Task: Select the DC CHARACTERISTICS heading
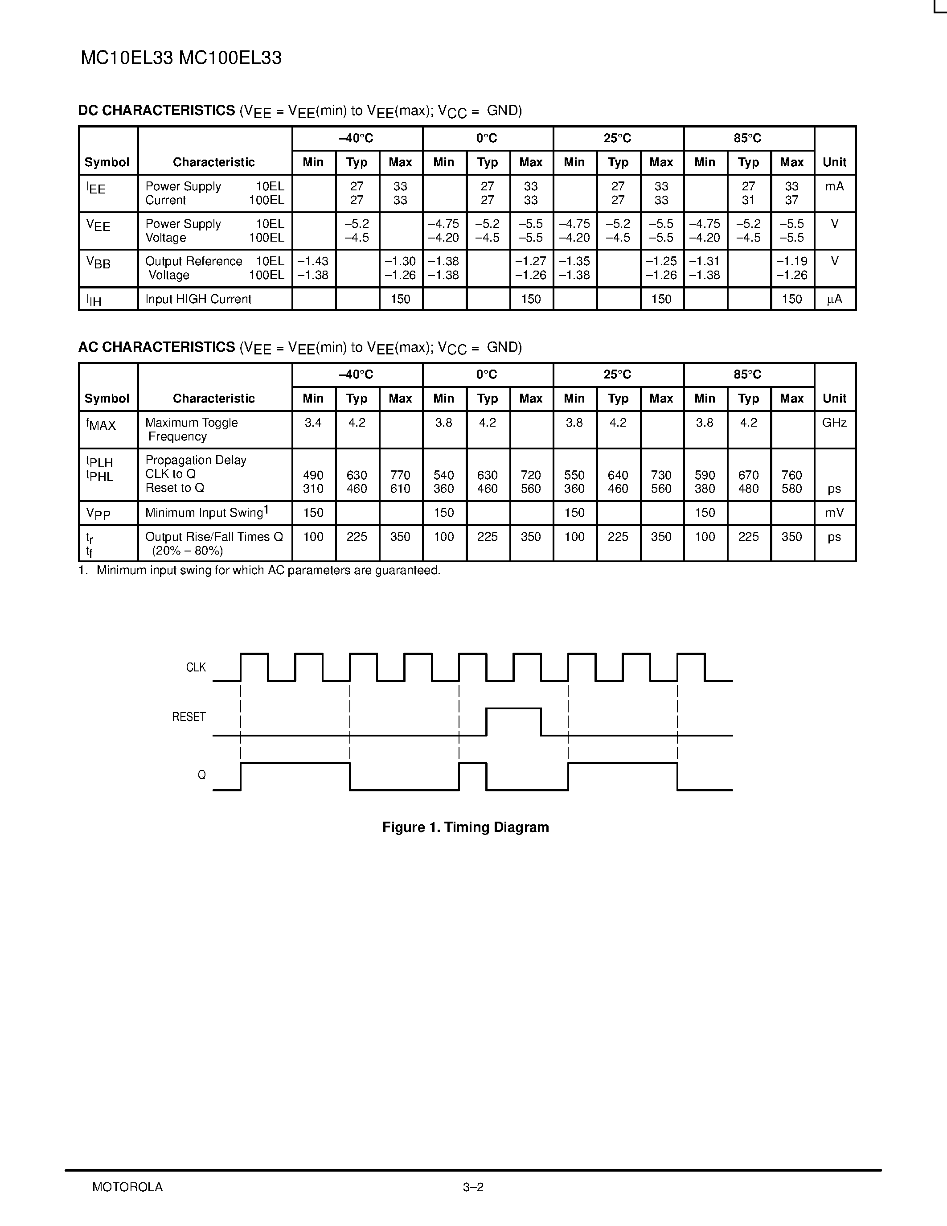click(x=156, y=111)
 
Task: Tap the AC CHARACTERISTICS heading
click(x=156, y=347)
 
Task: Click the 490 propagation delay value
click(x=313, y=475)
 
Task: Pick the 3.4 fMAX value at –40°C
click(x=313, y=423)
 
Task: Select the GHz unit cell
click(x=834, y=423)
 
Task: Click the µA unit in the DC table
click(x=834, y=299)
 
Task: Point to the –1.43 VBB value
click(x=313, y=262)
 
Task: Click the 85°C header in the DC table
click(x=748, y=138)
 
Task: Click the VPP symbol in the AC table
click(x=98, y=513)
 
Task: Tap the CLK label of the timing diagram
click(x=196, y=667)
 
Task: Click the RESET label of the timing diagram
click(x=189, y=717)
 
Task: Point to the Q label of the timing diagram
click(x=201, y=775)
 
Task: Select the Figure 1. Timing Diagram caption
click(x=465, y=827)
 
